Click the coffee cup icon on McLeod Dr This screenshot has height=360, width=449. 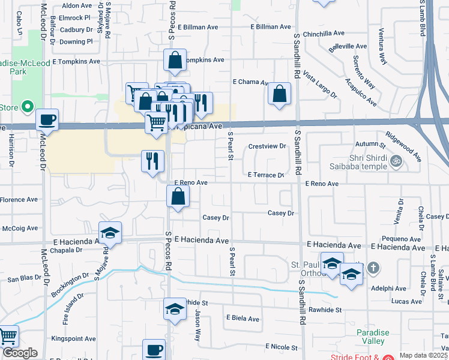(x=47, y=119)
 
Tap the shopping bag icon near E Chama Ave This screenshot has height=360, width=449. (x=279, y=94)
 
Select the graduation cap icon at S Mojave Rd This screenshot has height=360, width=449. (x=110, y=233)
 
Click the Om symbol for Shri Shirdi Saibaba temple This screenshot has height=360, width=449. (x=395, y=160)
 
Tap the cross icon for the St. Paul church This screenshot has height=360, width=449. (x=373, y=268)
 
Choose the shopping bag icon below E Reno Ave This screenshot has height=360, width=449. (x=178, y=196)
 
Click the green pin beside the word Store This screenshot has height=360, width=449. (x=26, y=107)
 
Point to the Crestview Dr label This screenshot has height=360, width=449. (x=267, y=146)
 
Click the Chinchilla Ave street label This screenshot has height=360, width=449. (x=324, y=34)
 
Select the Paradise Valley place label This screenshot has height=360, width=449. (x=373, y=337)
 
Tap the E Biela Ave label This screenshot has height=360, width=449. (x=242, y=319)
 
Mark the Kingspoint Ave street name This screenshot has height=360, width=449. (x=73, y=339)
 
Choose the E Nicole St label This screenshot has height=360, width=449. (x=282, y=347)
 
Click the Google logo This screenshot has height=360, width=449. (x=20, y=353)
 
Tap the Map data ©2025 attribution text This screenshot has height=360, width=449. (x=423, y=355)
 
